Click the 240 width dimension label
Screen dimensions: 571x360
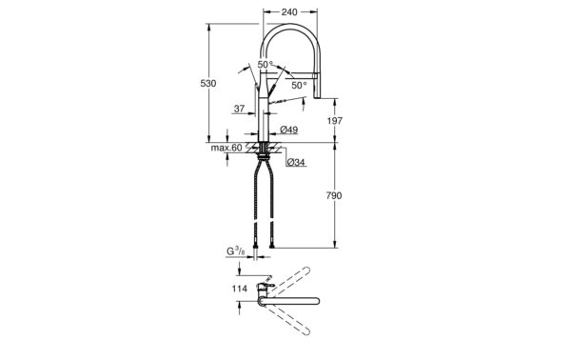click(x=289, y=12)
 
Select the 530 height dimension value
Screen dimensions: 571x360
click(x=208, y=84)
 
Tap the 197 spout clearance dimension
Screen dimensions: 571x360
click(x=334, y=121)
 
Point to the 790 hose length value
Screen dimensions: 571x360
click(x=334, y=195)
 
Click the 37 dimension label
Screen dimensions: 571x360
click(x=239, y=109)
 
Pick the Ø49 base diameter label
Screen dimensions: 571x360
click(x=289, y=130)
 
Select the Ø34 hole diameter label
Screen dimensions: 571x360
click(x=296, y=162)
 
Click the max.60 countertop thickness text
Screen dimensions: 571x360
click(x=226, y=148)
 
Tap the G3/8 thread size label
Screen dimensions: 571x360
click(x=236, y=251)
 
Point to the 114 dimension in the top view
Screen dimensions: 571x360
click(x=240, y=289)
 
